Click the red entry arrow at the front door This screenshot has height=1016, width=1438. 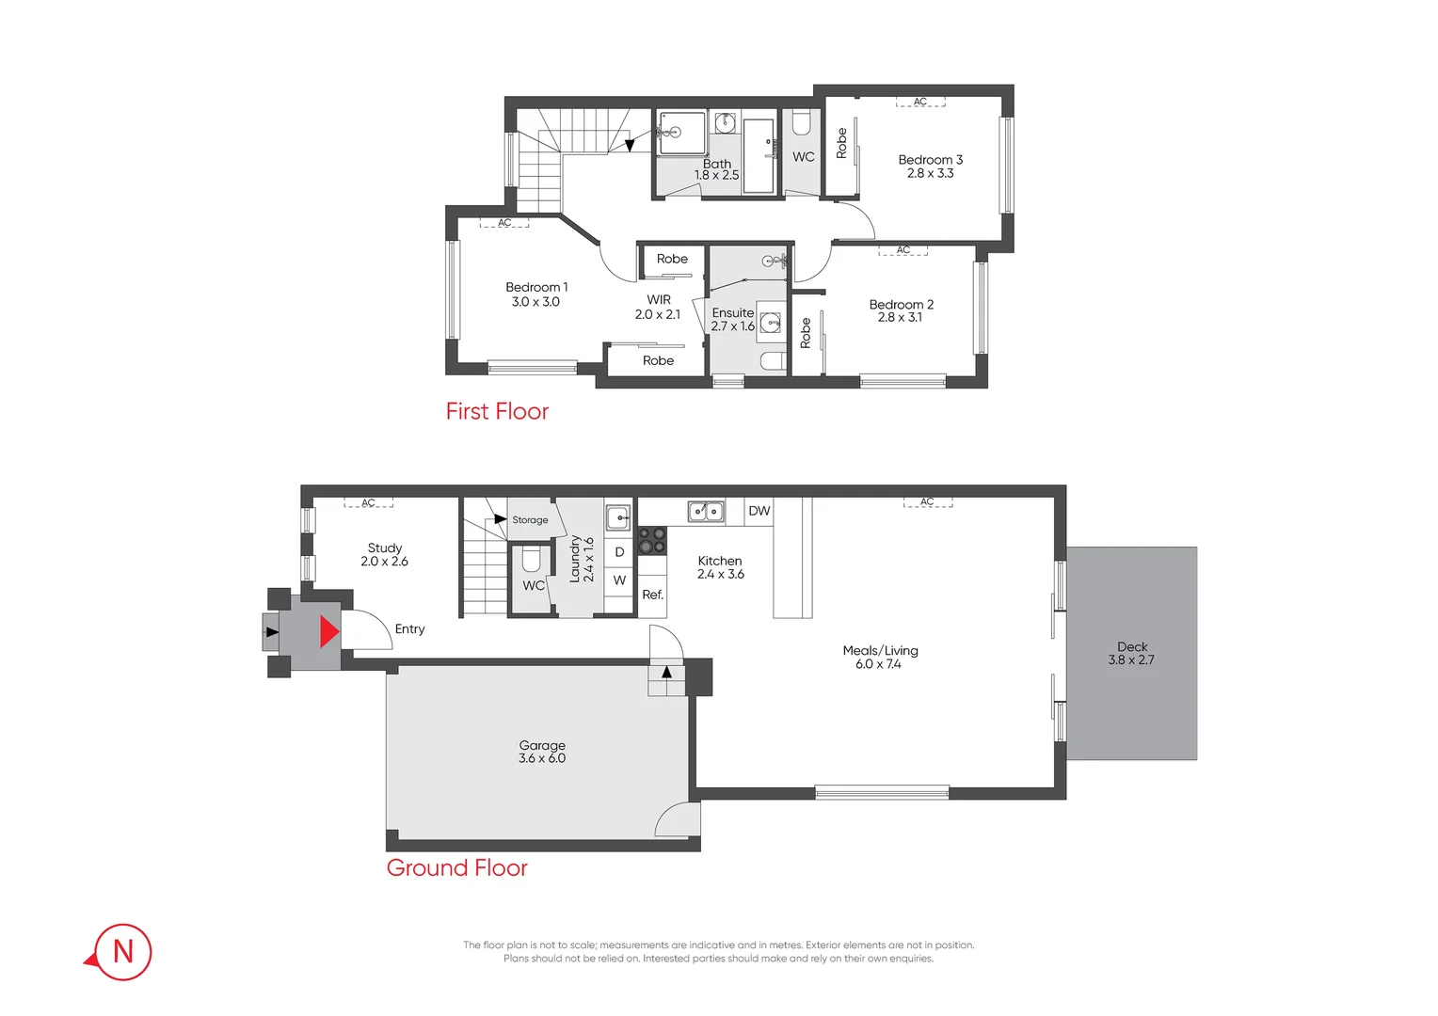click(x=328, y=631)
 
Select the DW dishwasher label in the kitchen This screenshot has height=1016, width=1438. click(x=759, y=511)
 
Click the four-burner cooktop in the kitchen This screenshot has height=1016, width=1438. click(x=652, y=540)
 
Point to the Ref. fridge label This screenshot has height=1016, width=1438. click(x=652, y=595)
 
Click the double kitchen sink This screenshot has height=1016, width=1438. click(x=706, y=512)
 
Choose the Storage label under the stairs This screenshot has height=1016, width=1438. click(x=530, y=520)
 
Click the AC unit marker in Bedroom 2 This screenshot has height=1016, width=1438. click(x=903, y=250)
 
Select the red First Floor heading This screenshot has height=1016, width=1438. click(x=497, y=411)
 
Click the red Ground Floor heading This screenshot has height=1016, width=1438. click(x=456, y=867)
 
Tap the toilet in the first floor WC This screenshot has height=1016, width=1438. click(x=801, y=123)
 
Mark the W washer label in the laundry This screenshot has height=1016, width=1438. click(x=619, y=580)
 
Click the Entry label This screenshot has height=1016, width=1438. click(x=409, y=629)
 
